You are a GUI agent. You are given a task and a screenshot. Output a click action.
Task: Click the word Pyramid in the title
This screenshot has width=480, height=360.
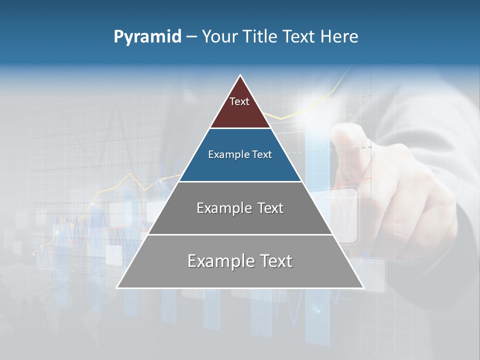coord(147,37)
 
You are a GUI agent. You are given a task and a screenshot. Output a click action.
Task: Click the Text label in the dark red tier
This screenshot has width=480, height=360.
coord(239,101)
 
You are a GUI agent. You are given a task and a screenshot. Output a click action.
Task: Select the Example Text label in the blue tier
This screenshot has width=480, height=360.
coord(240,154)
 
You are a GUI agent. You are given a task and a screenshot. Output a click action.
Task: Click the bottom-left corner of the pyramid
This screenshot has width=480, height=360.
coord(117,287)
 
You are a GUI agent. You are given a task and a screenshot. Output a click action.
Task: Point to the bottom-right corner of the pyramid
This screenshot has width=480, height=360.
coord(363,287)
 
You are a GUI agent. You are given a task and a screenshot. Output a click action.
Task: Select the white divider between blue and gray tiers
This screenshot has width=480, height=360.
coord(240,181)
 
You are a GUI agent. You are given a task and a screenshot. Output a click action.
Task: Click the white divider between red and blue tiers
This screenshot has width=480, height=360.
coord(240,128)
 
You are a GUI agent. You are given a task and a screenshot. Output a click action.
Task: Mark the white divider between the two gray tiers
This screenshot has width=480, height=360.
coord(240,234)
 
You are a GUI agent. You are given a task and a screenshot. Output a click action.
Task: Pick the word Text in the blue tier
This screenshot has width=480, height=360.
coord(260,154)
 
